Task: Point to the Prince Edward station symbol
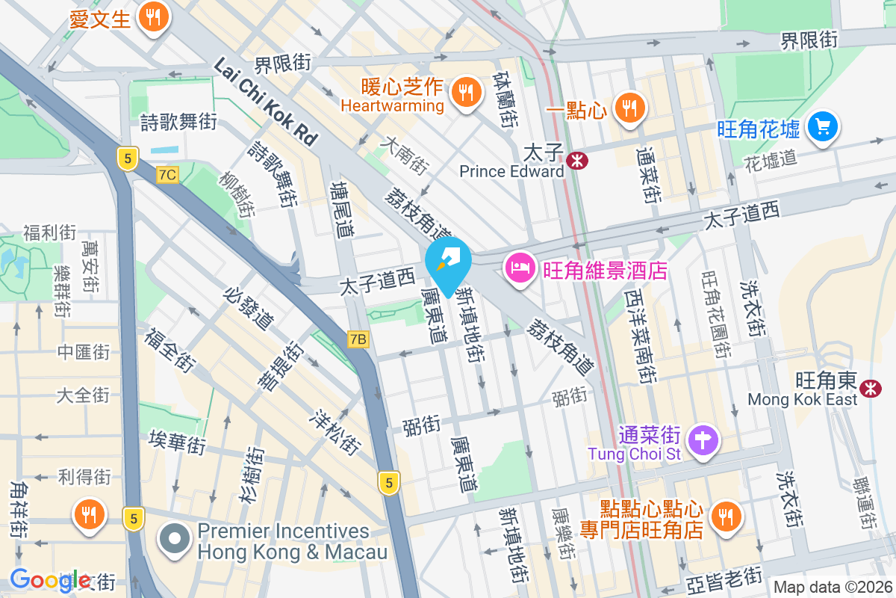pos(576,160)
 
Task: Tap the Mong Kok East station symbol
pos(868,388)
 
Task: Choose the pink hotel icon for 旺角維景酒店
pos(520,268)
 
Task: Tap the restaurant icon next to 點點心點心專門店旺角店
pos(724,515)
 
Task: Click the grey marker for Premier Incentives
pos(175,540)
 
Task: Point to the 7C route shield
pos(168,175)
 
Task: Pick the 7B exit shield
pos(358,339)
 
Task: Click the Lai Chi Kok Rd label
pos(266,102)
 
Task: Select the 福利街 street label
pos(50,232)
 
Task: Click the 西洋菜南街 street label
pos(639,336)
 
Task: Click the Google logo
pos(50,579)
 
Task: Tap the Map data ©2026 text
pos(831,587)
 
